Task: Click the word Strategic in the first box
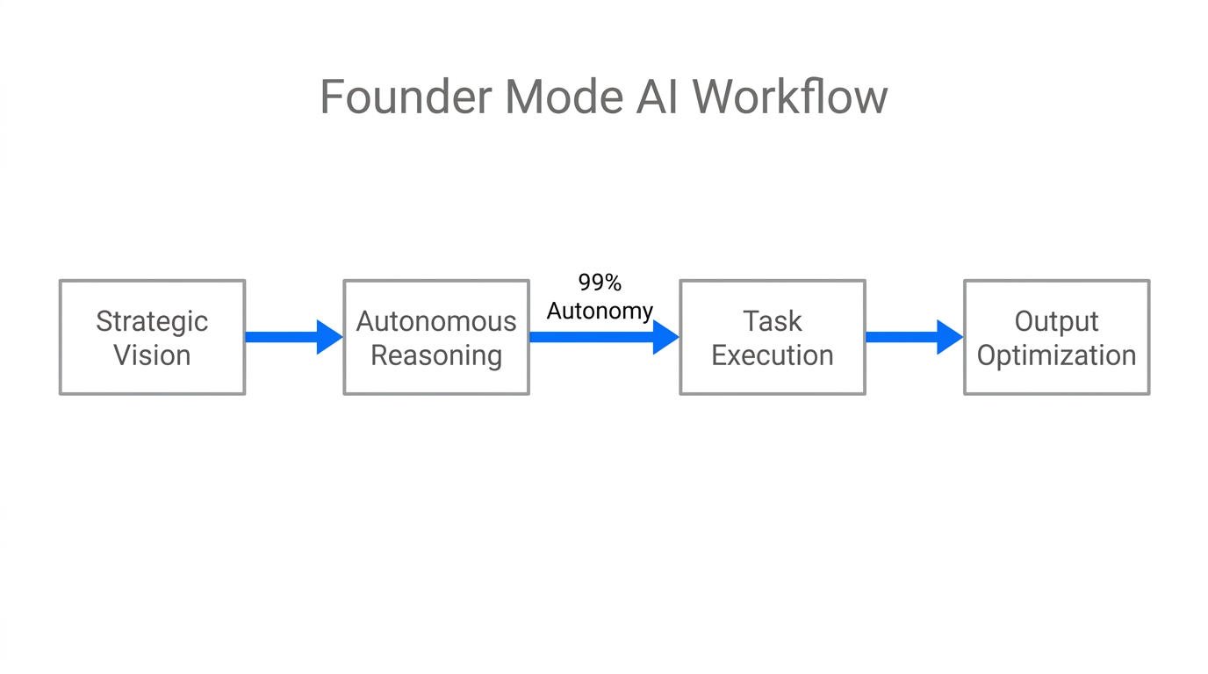click(152, 321)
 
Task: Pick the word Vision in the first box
click(152, 355)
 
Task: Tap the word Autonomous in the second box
click(436, 321)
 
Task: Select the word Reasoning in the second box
click(436, 355)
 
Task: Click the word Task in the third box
click(773, 321)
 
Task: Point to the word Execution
click(773, 355)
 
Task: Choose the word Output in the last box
click(1056, 321)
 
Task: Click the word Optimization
click(1056, 355)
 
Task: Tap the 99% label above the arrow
click(600, 283)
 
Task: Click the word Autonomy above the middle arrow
click(600, 311)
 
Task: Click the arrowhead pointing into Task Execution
click(665, 337)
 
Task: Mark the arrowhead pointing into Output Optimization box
click(949, 337)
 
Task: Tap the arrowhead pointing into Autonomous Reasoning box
click(328, 337)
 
